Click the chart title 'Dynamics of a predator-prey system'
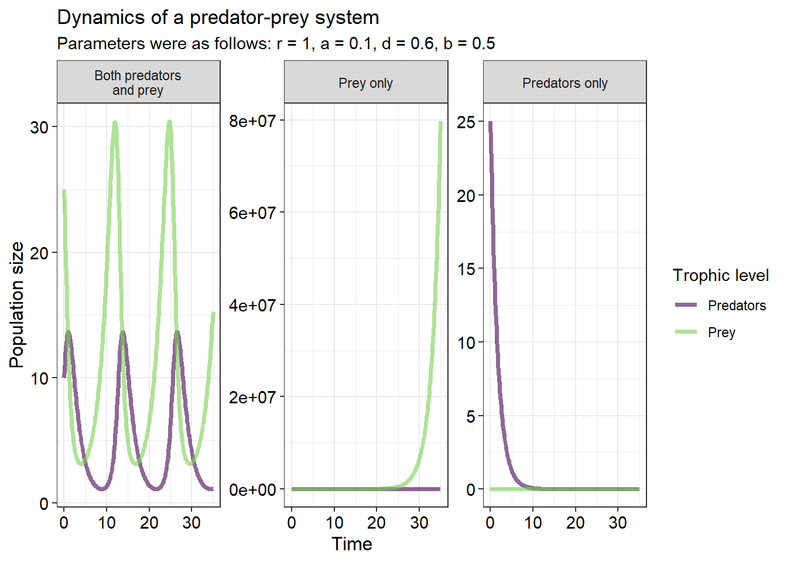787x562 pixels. (x=218, y=18)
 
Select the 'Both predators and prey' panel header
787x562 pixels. (x=138, y=82)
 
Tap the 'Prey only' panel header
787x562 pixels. (x=366, y=82)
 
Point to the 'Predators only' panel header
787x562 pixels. (x=564, y=82)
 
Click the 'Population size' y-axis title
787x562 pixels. (x=16, y=305)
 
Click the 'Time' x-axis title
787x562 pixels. (x=352, y=544)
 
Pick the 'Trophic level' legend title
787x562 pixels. (x=721, y=275)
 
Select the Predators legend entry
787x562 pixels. (x=720, y=305)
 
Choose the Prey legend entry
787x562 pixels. (x=705, y=332)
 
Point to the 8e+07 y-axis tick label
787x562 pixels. (x=252, y=121)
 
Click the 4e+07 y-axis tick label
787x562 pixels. (x=252, y=305)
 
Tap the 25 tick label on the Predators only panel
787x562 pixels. (x=466, y=122)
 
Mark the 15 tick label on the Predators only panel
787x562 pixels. (x=466, y=269)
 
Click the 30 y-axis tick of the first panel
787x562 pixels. (x=39, y=127)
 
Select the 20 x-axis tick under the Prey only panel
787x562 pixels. (x=377, y=523)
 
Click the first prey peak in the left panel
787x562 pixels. (x=115, y=122)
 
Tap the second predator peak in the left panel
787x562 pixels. (x=122, y=331)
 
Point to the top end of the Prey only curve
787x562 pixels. (x=440, y=122)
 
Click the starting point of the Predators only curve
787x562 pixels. (x=490, y=122)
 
